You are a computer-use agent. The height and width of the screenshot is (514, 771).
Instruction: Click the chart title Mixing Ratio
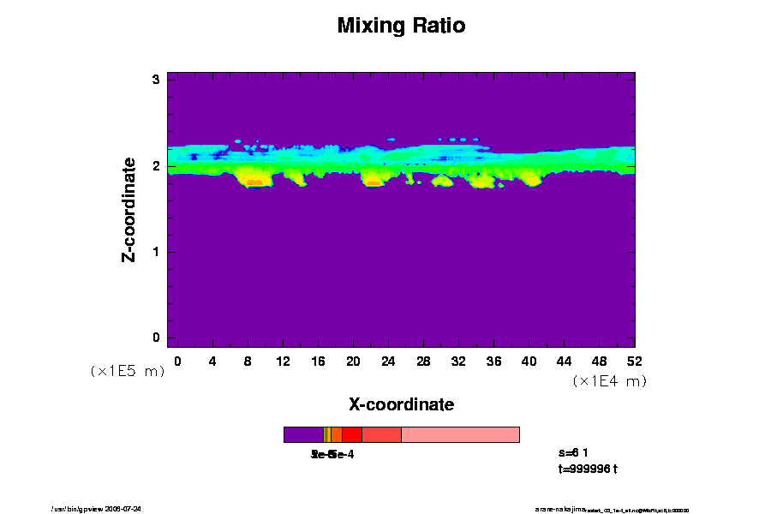click(401, 26)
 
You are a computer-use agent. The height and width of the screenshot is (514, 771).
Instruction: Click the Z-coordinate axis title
click(129, 209)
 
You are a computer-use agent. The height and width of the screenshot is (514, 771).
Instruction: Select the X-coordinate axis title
click(401, 403)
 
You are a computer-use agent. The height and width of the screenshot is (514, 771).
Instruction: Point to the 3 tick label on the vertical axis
click(157, 80)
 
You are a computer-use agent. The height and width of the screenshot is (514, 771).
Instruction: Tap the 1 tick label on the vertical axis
click(157, 252)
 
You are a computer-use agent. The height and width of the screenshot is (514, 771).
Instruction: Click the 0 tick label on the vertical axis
click(157, 338)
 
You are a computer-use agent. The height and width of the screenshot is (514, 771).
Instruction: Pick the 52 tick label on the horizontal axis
click(635, 361)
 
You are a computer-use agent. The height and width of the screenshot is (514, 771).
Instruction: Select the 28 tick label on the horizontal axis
click(423, 361)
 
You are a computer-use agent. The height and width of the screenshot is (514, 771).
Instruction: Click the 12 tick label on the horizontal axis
click(283, 361)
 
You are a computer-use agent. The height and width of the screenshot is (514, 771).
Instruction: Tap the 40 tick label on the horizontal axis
click(529, 361)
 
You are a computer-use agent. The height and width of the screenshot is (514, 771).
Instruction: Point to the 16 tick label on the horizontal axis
click(318, 361)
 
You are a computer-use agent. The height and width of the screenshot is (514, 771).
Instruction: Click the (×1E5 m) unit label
click(127, 371)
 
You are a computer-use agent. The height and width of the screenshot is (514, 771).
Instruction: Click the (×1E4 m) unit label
click(609, 381)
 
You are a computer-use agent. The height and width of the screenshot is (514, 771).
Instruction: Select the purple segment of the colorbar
click(302, 434)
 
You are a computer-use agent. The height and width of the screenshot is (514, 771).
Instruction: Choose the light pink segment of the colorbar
click(460, 434)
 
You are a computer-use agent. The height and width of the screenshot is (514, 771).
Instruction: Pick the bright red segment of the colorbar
click(351, 434)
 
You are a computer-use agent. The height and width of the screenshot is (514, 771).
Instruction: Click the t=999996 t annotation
click(587, 469)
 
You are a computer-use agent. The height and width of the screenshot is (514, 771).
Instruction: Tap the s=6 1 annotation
click(573, 452)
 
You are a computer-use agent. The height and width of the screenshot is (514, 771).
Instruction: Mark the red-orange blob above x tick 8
click(254, 181)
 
